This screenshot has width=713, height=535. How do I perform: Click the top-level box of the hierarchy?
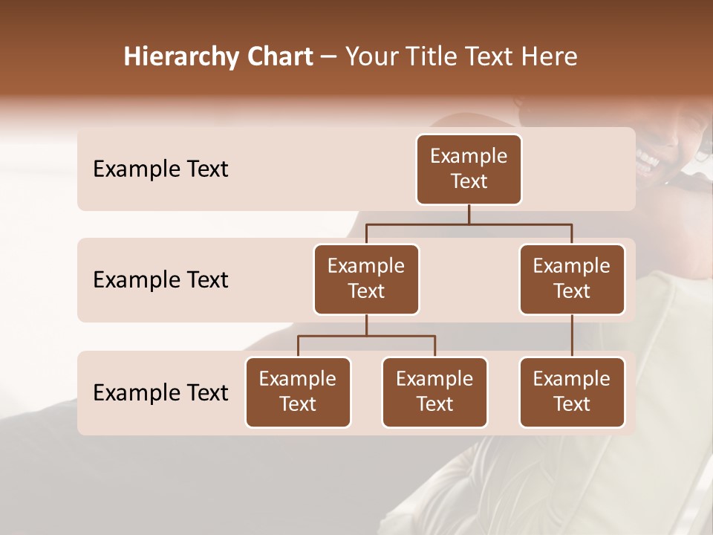point(469,169)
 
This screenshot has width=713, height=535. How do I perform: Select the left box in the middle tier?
point(366,279)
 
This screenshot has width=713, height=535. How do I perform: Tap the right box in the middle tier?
point(572,279)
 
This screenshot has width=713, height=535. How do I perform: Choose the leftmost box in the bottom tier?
point(298,392)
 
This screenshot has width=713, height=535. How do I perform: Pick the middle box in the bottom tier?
point(434,392)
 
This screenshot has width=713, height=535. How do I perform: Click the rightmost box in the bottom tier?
point(572,392)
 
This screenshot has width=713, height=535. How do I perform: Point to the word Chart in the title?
point(276,56)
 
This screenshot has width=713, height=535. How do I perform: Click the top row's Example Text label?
point(160,169)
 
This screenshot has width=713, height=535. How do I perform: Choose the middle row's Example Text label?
point(160,279)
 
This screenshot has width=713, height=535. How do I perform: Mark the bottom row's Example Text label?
point(160,392)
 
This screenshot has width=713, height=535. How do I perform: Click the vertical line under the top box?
point(469,214)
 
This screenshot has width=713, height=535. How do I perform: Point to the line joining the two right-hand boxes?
point(572,336)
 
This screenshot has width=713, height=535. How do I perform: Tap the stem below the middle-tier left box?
point(366,325)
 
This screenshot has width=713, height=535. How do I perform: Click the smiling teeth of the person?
point(648,160)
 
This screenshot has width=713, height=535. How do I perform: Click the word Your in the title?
point(369,56)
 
